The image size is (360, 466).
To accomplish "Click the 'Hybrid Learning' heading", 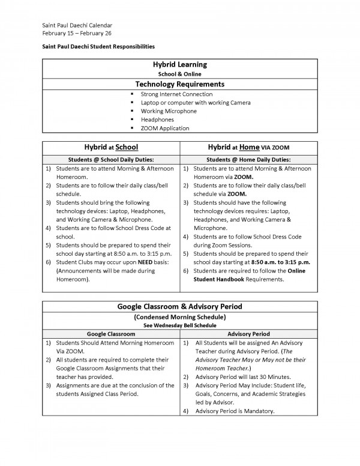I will coord(180,64).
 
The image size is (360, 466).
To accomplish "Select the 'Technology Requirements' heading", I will coord(180,84).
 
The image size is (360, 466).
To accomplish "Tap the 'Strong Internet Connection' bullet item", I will coord(176,94).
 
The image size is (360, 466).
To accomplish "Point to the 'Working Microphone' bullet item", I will coord(168,111).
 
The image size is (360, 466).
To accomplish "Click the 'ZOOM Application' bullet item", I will coord(164,128).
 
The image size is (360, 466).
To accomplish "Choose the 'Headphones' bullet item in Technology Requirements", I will coord(157,120).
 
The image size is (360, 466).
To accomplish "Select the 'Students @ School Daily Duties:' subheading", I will coord(110,160).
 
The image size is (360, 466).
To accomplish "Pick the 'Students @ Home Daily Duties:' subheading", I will coord(248,160).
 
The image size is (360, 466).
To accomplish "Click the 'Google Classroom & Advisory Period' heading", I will coord(180,307).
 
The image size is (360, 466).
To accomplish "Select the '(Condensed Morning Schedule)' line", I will coord(180,317).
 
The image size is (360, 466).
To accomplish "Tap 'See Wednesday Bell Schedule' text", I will coord(180,325).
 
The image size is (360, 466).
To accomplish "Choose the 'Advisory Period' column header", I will coord(248,333).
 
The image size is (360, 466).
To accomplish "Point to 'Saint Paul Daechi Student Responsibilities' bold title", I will coord(98,46).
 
